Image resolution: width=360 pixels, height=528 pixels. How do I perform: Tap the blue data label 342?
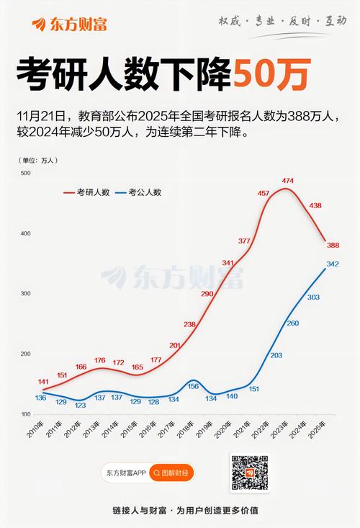[x=333, y=264]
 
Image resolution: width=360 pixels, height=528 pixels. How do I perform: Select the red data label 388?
[x=333, y=246]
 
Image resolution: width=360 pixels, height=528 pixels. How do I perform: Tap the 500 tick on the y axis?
[x=25, y=174]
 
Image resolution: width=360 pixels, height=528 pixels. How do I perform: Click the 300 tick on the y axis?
[x=25, y=294]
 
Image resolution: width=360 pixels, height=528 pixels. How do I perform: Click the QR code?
[x=249, y=473]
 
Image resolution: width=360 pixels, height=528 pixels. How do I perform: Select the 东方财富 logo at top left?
[x=70, y=24]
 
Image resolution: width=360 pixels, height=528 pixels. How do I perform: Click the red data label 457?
[x=264, y=193]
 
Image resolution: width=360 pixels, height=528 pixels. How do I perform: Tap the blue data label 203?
[x=276, y=355]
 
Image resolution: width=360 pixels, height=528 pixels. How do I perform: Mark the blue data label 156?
[x=193, y=386]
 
